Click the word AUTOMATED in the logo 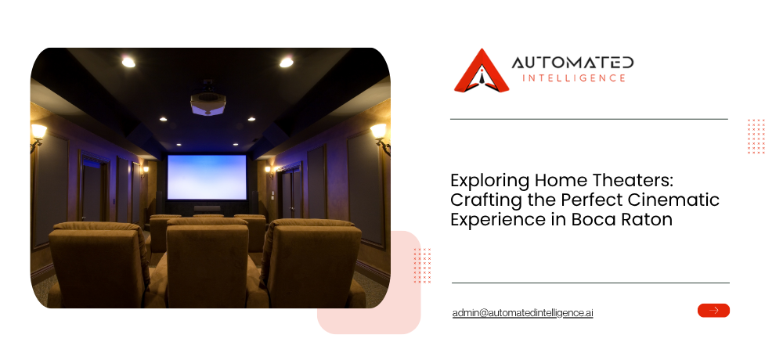coord(573,63)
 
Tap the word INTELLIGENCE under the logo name coord(573,78)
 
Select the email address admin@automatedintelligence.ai coord(522,312)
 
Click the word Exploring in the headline coord(490,181)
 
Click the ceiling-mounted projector coord(207,100)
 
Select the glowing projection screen coord(207,177)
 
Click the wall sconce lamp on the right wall coord(381,138)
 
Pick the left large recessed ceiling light coord(128,62)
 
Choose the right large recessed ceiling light coord(286,62)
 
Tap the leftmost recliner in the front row coord(100,265)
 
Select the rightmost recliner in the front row coord(312,264)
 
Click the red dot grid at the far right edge coord(756,136)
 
